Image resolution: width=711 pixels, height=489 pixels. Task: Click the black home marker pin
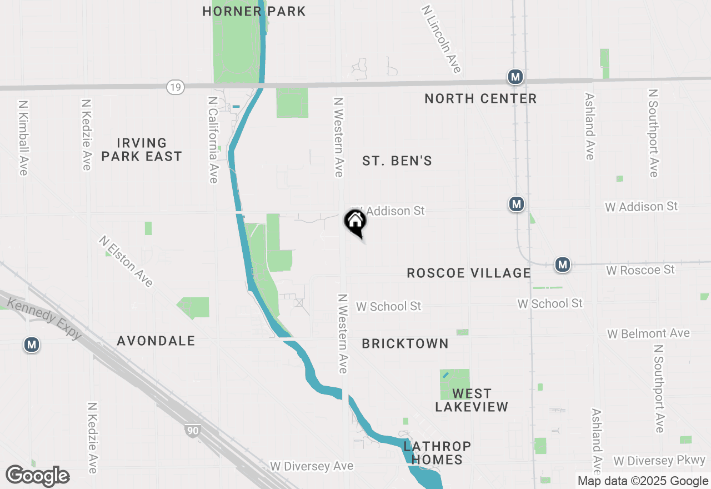(355, 222)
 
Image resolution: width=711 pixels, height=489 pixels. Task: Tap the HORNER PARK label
(254, 11)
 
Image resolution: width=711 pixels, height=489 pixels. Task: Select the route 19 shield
(176, 87)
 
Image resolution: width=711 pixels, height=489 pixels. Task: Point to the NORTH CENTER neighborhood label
(480, 99)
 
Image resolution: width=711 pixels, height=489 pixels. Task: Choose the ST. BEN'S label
(397, 161)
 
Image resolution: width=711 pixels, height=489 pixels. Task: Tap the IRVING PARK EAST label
(142, 150)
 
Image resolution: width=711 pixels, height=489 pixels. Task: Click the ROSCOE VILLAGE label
(469, 273)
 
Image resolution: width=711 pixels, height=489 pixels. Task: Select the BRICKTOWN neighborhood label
(405, 344)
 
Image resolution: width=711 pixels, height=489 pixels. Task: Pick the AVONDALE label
(156, 341)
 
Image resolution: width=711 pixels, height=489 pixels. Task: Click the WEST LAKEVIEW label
(472, 400)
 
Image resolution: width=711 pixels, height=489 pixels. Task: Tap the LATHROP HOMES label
(437, 453)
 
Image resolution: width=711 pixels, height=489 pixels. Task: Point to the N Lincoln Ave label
(442, 39)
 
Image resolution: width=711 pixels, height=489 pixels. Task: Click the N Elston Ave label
(126, 261)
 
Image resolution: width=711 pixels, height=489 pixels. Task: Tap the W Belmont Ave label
(648, 333)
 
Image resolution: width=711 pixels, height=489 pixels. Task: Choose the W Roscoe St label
(640, 270)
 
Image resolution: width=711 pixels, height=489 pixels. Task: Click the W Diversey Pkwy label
(659, 461)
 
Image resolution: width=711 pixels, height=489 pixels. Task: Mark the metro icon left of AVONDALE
(32, 345)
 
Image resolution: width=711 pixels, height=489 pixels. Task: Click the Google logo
(37, 476)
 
